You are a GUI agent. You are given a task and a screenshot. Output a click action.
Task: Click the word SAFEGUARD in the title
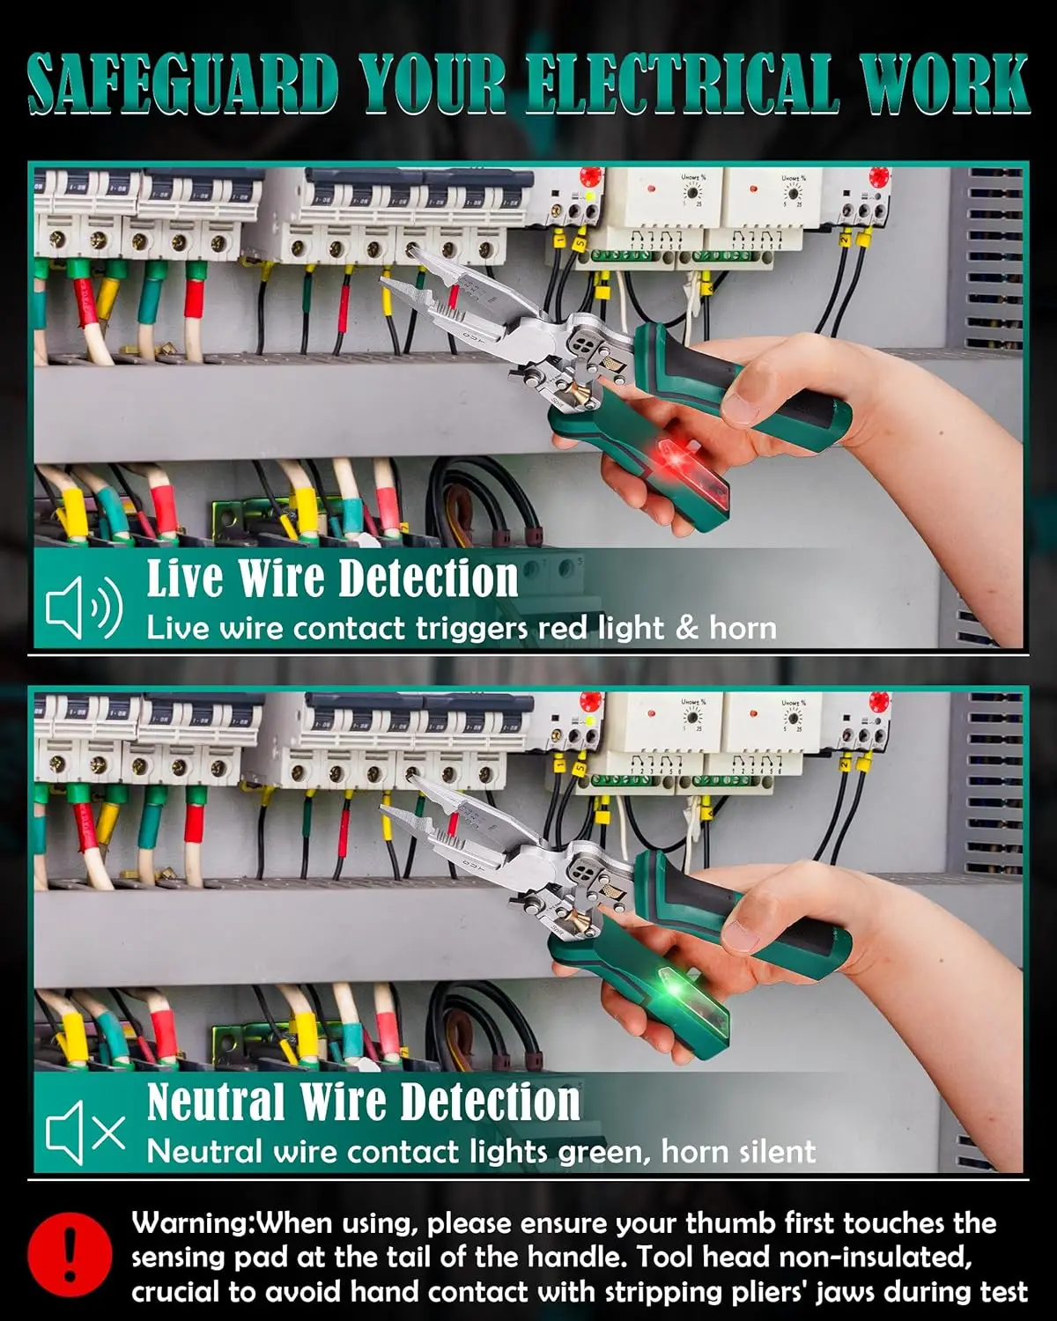click(x=183, y=84)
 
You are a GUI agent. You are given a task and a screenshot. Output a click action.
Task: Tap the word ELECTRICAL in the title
click(x=683, y=84)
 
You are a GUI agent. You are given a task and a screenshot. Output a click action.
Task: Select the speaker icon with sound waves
click(x=85, y=607)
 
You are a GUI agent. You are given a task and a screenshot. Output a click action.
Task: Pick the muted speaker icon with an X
click(x=85, y=1133)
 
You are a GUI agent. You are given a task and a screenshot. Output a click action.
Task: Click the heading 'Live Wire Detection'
click(x=332, y=578)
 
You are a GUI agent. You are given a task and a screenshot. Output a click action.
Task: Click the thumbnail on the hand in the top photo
click(x=741, y=409)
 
